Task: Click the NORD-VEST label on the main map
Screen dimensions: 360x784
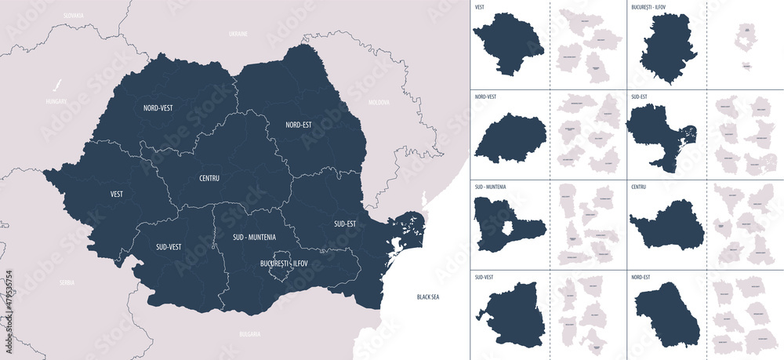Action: tap(158, 107)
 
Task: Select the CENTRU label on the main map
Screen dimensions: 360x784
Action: tap(204, 178)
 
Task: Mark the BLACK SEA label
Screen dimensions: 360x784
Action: tap(428, 297)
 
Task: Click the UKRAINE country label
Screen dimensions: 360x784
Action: tap(238, 35)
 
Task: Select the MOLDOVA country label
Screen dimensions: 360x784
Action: tap(379, 102)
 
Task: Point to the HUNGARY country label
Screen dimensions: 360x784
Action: tap(56, 101)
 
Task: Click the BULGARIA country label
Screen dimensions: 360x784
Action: tap(249, 334)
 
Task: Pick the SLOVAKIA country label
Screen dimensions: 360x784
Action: tap(74, 15)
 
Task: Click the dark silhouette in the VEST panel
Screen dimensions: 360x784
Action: tap(507, 45)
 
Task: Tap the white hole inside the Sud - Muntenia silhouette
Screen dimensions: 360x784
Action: tap(508, 228)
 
